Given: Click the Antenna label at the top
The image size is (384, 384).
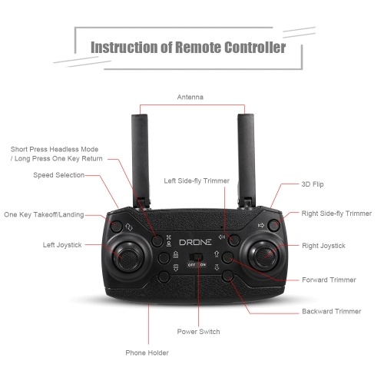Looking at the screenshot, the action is (x=190, y=97).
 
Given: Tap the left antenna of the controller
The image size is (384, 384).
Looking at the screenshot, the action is (x=141, y=161).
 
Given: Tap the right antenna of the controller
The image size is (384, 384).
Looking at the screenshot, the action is (x=247, y=160).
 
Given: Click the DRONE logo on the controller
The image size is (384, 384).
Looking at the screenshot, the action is (x=195, y=242).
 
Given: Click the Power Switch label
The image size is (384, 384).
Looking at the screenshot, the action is (x=198, y=332).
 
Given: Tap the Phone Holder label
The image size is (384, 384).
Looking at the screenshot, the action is (x=147, y=353).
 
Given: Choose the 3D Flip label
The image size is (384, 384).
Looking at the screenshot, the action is (x=313, y=184).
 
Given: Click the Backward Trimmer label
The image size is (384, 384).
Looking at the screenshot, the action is (x=332, y=311).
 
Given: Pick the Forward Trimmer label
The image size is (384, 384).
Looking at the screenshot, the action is (x=329, y=280).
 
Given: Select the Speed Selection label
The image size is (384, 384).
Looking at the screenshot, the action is (x=58, y=175).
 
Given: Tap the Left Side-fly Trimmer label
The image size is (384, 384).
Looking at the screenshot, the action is (x=197, y=181).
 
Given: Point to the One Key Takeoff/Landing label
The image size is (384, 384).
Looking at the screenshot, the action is (x=44, y=214).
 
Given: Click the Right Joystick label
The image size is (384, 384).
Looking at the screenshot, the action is (x=323, y=246).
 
